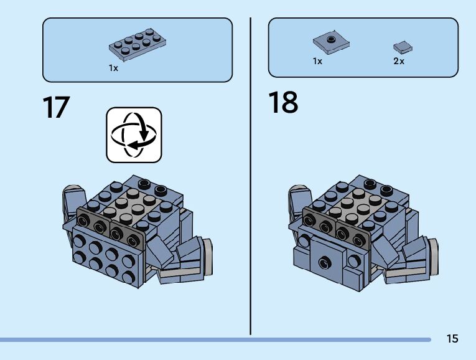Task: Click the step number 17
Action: coord(56,107)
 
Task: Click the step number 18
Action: coord(283,103)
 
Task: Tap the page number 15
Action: coord(452,338)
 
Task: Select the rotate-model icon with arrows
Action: coord(134,135)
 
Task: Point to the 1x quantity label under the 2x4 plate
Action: coord(113,68)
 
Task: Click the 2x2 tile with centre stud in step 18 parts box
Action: coord(330,42)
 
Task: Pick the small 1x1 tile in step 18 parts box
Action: coord(403,47)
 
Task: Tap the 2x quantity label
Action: coord(399,62)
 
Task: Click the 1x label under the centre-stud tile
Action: coord(317,62)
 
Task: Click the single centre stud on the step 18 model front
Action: coord(324,262)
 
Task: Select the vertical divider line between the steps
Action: coord(250,174)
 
